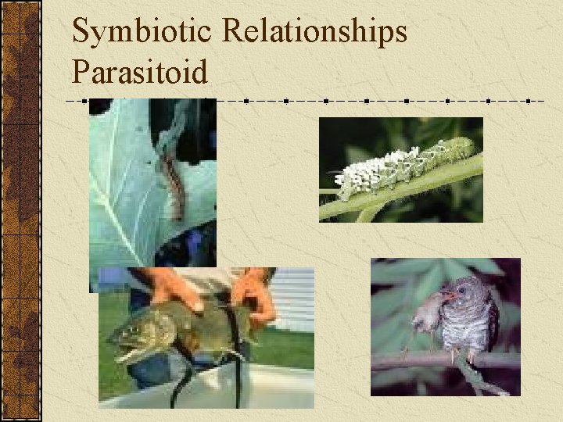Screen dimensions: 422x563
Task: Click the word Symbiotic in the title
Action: point(142,33)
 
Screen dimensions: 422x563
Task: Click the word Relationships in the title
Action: point(314,33)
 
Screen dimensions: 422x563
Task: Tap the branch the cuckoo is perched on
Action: point(422,361)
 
